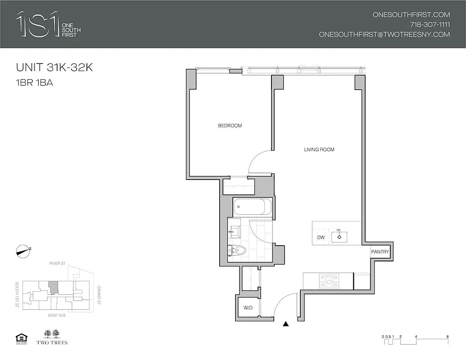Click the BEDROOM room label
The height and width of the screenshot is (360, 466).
click(230, 126)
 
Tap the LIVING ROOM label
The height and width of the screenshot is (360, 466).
click(319, 149)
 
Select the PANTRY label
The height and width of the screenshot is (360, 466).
click(380, 252)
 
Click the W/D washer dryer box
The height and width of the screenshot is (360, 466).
click(248, 308)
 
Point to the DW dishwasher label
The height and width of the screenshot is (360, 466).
click(321, 237)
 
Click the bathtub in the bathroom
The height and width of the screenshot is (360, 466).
click(253, 207)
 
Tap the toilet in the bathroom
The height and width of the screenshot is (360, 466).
click(237, 250)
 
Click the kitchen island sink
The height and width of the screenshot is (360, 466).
click(339, 236)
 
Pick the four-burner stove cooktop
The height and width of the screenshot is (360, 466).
click(329, 281)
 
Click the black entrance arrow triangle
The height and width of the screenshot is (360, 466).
click(285, 323)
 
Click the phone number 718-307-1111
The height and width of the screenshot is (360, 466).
click(430, 24)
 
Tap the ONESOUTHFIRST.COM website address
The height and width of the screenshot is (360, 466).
click(411, 14)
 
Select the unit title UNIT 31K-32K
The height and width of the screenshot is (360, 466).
click(54, 68)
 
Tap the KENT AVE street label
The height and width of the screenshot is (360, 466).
click(57, 315)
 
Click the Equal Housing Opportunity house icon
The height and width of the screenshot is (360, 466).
click(21, 337)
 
